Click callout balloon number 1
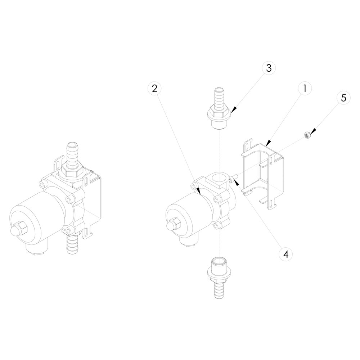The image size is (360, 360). coord(305,89)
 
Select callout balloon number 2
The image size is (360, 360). coord(154,89)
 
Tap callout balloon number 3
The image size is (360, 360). coord(269,68)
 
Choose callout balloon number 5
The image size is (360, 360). coord(343,98)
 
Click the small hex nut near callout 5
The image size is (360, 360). coord(306,135)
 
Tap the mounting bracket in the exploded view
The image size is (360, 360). coord(262,175)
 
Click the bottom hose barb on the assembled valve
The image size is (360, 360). coord(72,244)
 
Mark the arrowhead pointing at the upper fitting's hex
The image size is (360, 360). coord(234,110)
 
